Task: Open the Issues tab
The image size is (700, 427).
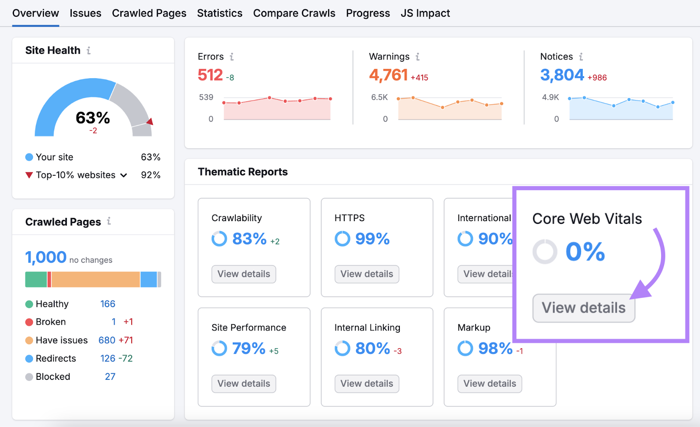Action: pyautogui.click(x=85, y=13)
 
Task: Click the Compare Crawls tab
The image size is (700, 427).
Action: pyautogui.click(x=294, y=13)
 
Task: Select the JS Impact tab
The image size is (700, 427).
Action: pyautogui.click(x=425, y=13)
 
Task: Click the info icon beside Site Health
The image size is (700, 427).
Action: pyautogui.click(x=89, y=51)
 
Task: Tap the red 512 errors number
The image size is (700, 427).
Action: pyautogui.click(x=210, y=75)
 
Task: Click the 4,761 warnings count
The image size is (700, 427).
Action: pyautogui.click(x=388, y=75)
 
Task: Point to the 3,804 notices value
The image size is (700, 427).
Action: pyautogui.click(x=562, y=75)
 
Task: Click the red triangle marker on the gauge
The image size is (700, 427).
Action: pyautogui.click(x=150, y=122)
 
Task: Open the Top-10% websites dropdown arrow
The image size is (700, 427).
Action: pyautogui.click(x=124, y=175)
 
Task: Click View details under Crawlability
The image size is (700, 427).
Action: pyautogui.click(x=244, y=274)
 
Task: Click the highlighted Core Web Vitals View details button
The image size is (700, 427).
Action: pyautogui.click(x=583, y=308)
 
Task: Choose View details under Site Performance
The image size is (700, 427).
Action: pyautogui.click(x=244, y=384)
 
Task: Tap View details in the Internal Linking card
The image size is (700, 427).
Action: pyautogui.click(x=367, y=384)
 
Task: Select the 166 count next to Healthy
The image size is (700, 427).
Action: pyautogui.click(x=108, y=304)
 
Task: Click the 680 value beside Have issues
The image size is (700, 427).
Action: pyautogui.click(x=107, y=340)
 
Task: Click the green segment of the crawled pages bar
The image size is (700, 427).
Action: pyautogui.click(x=36, y=279)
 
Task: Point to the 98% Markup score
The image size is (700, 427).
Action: pyautogui.click(x=495, y=348)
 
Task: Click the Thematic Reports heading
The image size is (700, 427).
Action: pyautogui.click(x=243, y=172)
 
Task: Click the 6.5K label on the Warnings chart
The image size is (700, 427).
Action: pyautogui.click(x=379, y=97)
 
